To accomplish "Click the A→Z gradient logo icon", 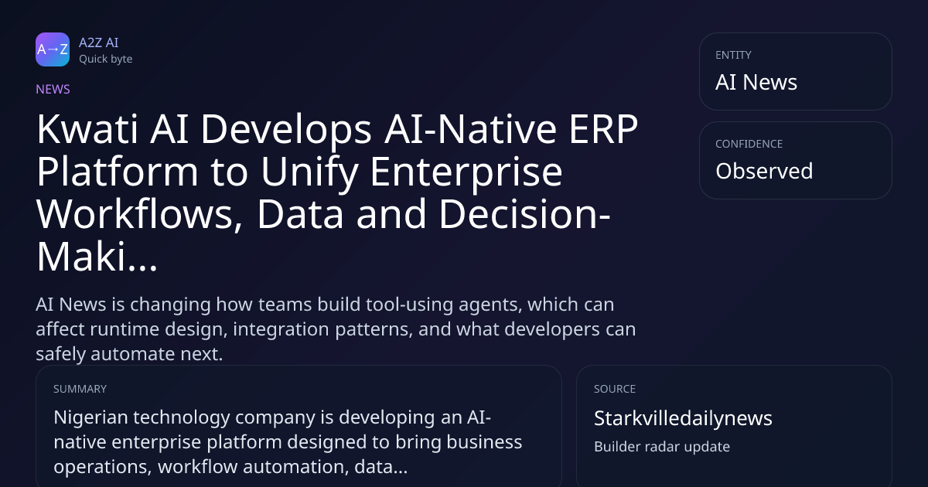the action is (53, 49).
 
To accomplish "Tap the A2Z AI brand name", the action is (99, 43).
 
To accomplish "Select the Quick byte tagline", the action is (106, 60).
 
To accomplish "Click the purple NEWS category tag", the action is (53, 89).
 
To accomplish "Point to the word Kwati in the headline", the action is (87, 129).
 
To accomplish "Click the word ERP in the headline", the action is (603, 129).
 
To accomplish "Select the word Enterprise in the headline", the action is (466, 172).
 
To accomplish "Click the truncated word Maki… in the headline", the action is (97, 257).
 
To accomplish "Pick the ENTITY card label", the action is (733, 55).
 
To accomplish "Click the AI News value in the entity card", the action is (756, 82).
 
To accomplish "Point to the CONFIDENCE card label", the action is (749, 144).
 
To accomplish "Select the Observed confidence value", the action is (764, 171).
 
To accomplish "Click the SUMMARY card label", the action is (80, 389).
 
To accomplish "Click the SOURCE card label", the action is (615, 389).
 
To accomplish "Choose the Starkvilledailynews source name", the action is (683, 418).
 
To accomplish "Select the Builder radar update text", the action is (662, 447).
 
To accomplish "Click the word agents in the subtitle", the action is (493, 305).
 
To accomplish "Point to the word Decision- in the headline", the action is (524, 213).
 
